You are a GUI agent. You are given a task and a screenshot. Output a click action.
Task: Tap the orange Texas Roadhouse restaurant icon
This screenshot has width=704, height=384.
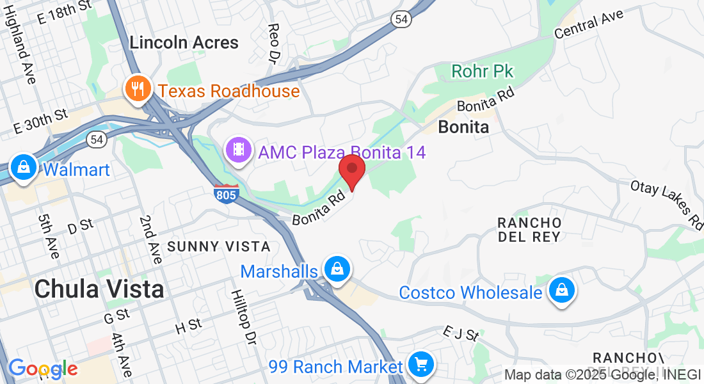pos(138,89)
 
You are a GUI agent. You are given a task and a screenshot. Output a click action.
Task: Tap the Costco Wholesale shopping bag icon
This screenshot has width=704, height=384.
pos(561,291)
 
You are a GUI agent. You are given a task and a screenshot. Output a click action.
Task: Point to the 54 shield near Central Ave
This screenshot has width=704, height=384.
pos(401,20)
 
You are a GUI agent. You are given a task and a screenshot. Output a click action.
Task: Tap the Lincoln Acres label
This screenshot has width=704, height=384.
pos(184,43)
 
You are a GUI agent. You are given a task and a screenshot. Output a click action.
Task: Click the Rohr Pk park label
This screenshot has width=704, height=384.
pos(483,71)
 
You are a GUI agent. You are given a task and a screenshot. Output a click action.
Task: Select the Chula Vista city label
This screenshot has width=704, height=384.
pos(99,289)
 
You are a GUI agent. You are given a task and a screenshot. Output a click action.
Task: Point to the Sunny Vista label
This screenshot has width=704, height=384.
pos(219,246)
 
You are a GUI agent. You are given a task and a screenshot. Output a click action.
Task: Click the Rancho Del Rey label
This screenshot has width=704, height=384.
pos(530,229)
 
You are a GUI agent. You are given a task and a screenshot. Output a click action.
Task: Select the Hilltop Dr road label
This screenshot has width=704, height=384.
pos(243,317)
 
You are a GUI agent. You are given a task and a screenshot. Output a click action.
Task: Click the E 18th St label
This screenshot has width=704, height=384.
pos(64,12)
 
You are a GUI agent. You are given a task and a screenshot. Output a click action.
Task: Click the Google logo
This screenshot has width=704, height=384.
pos(43,369)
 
